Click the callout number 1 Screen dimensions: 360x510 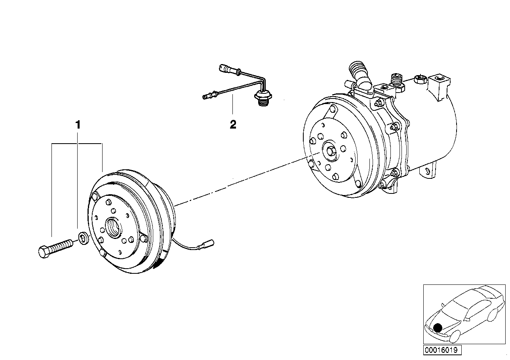click(x=78, y=125)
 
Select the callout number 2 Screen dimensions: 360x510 click(x=233, y=125)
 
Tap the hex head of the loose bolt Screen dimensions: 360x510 click(x=44, y=252)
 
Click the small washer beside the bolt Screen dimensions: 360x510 click(x=84, y=239)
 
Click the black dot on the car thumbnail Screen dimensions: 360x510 click(x=438, y=328)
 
